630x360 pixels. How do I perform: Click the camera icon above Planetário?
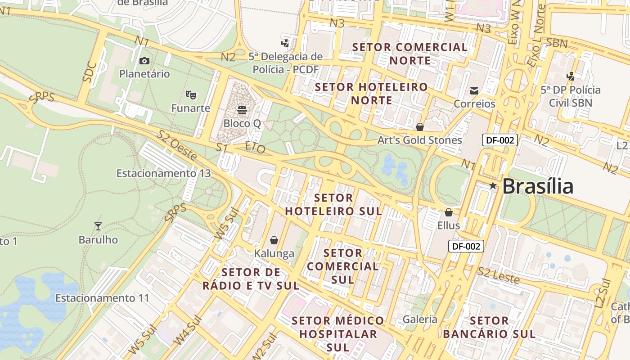click(144, 61)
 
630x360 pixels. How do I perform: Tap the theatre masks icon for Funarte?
click(191, 95)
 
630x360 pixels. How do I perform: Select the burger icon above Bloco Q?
click(242, 110)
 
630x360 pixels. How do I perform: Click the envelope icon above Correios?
click(474, 91)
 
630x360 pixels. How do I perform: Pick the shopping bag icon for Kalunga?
click(274, 241)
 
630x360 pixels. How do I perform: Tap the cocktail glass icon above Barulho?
click(98, 226)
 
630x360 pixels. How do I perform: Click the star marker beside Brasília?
click(493, 186)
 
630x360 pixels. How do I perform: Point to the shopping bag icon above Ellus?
click(448, 212)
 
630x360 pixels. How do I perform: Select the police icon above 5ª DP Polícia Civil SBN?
click(571, 76)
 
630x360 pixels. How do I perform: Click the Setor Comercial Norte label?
click(410, 54)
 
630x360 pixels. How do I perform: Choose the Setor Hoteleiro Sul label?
click(333, 204)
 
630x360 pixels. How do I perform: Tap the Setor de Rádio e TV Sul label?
click(251, 279)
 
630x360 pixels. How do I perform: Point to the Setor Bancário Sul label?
click(489, 327)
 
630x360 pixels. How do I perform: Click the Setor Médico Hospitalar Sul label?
click(338, 334)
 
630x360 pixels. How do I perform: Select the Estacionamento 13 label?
click(163, 173)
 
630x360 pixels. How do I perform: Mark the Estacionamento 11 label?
click(102, 298)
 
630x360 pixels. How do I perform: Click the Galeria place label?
click(420, 319)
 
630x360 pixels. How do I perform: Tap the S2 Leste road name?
click(499, 275)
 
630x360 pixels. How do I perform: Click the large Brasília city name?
click(538, 186)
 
